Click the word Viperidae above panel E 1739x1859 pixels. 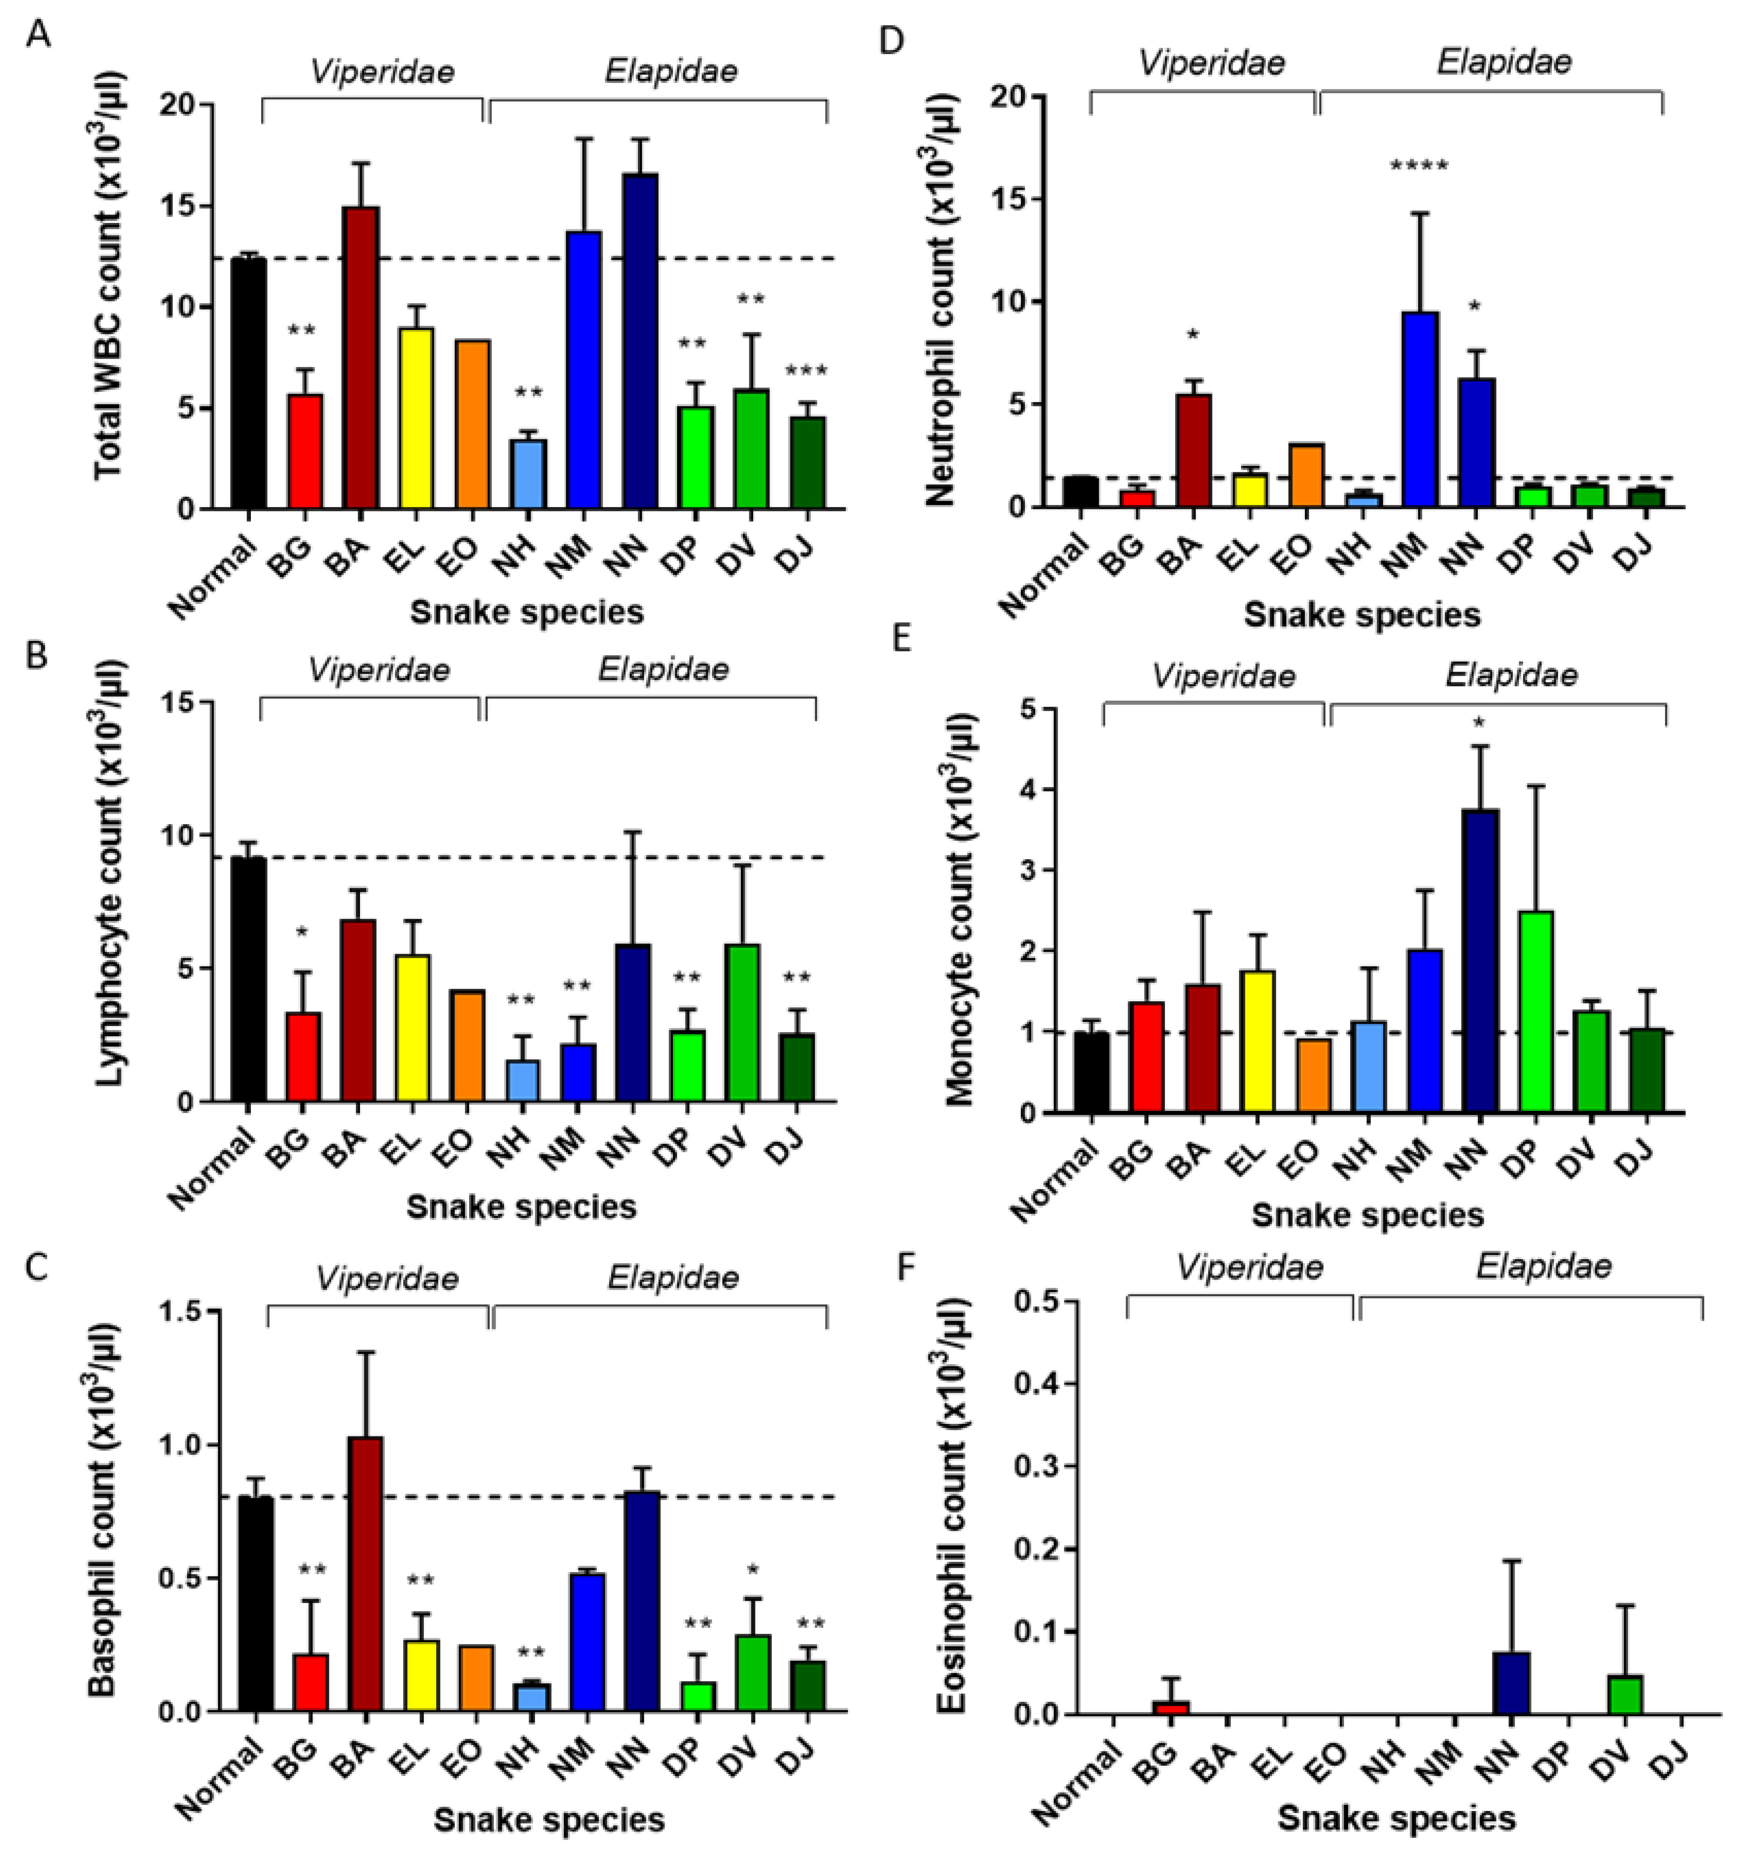pyautogui.click(x=1223, y=676)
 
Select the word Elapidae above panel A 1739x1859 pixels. pyautogui.click(x=671, y=71)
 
